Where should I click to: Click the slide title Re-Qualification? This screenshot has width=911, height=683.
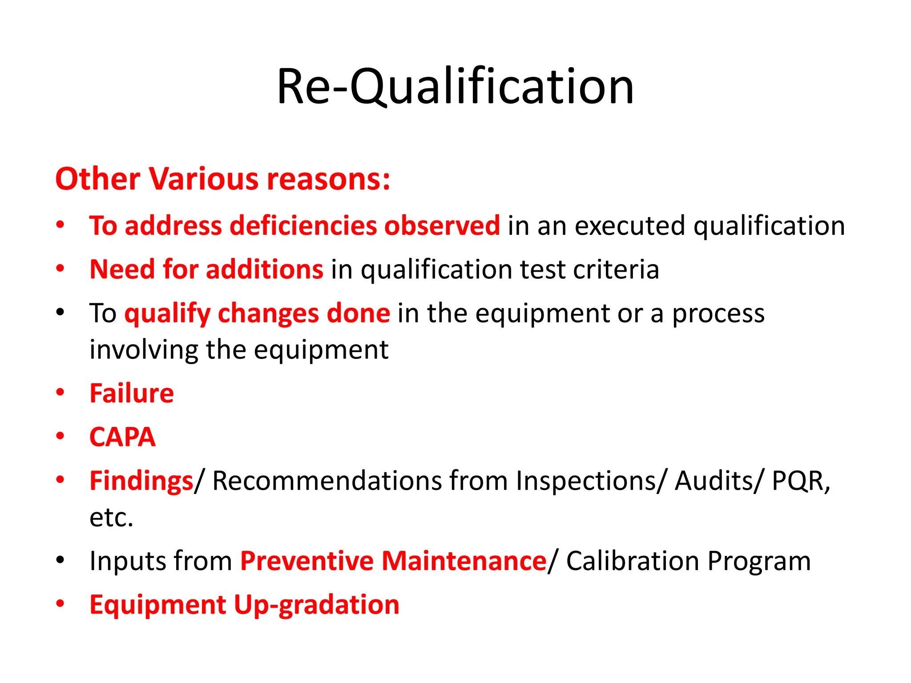click(455, 86)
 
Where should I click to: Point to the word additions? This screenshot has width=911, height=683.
click(264, 269)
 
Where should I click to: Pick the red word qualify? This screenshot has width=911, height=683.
click(167, 313)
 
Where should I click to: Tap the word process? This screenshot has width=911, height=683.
click(718, 313)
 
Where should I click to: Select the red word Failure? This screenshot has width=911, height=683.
click(132, 394)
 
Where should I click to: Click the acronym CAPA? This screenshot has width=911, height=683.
click(122, 437)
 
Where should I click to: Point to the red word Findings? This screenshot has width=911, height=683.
click(141, 481)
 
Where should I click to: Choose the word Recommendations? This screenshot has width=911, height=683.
click(327, 481)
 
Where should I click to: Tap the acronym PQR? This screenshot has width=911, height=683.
click(798, 481)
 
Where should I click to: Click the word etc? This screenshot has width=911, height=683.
click(111, 518)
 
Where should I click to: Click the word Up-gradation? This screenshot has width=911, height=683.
click(316, 605)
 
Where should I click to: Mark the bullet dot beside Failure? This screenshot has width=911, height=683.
click(60, 392)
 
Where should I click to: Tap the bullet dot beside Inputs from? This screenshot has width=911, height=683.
click(60, 560)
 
